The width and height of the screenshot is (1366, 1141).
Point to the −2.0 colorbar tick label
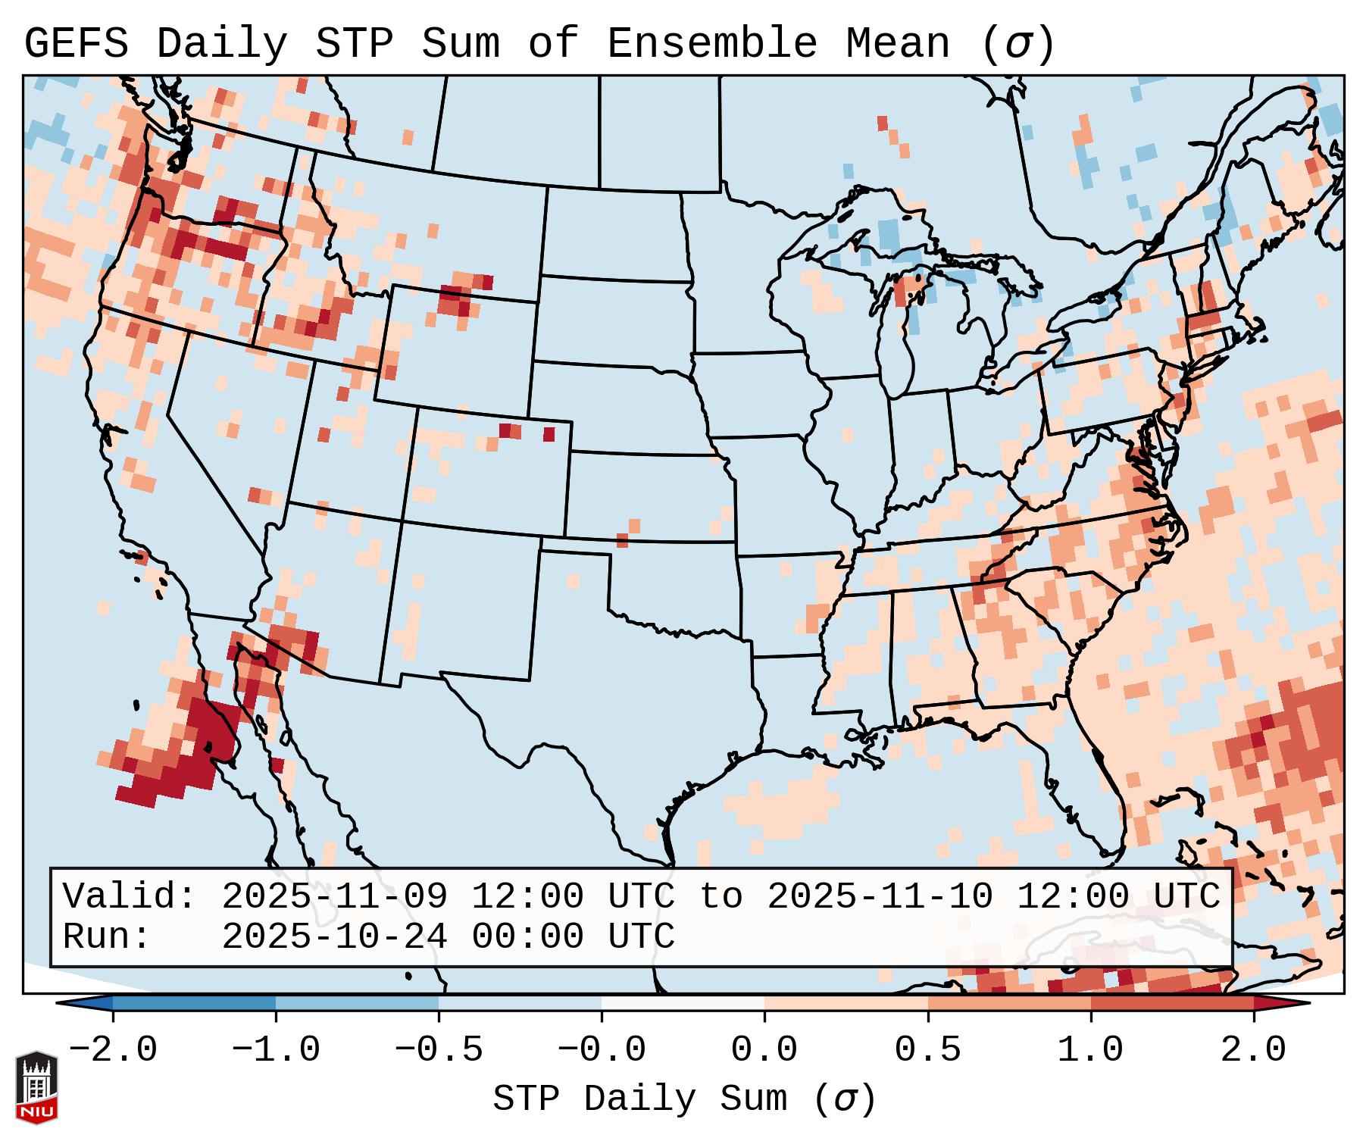coord(113,1050)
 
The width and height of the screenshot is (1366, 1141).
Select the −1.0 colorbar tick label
coord(276,1050)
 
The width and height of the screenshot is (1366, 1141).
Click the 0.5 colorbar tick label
coord(927,1050)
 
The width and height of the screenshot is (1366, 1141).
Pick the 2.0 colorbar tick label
coord(1253,1050)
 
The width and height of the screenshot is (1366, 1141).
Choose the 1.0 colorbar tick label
coord(1090,1050)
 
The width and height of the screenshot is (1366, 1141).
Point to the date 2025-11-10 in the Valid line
coord(880,896)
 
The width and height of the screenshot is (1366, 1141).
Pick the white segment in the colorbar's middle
coord(683,1003)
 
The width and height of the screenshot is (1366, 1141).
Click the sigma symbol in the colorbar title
coord(845,1099)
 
